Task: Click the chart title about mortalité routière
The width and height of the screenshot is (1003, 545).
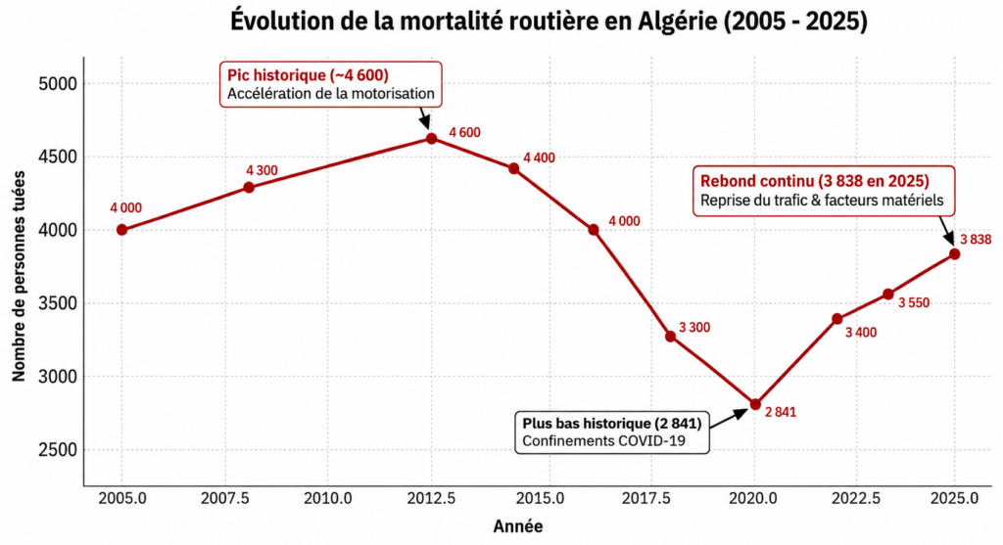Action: click(549, 21)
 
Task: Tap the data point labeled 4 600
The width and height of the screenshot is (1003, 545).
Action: click(431, 139)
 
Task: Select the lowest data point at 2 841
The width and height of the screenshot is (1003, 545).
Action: click(755, 404)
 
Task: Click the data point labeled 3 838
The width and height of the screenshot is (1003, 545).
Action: click(954, 254)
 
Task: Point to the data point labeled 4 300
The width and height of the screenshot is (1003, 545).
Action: click(249, 187)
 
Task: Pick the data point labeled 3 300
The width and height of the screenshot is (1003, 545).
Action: click(670, 337)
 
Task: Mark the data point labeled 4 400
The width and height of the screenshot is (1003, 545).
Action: click(513, 168)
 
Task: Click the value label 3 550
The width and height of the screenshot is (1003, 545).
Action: click(914, 303)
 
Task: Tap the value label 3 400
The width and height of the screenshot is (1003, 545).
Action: click(861, 333)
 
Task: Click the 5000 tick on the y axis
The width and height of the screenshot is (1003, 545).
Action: click(58, 84)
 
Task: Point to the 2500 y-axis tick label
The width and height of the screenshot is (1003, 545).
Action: click(58, 450)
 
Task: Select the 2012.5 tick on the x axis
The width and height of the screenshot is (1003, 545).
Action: click(431, 498)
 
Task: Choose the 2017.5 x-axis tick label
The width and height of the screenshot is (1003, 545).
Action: click(646, 498)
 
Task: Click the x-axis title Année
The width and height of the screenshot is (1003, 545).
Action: click(518, 526)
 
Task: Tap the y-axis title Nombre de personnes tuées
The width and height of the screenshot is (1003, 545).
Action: click(19, 276)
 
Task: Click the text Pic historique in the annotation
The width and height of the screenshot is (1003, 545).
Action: click(276, 75)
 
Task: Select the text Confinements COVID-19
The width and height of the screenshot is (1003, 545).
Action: click(603, 441)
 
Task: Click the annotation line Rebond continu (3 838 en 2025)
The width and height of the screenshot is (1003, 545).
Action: click(815, 181)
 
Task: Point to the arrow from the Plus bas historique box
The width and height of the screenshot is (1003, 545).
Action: click(728, 419)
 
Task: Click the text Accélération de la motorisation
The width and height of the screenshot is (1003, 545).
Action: click(331, 94)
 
